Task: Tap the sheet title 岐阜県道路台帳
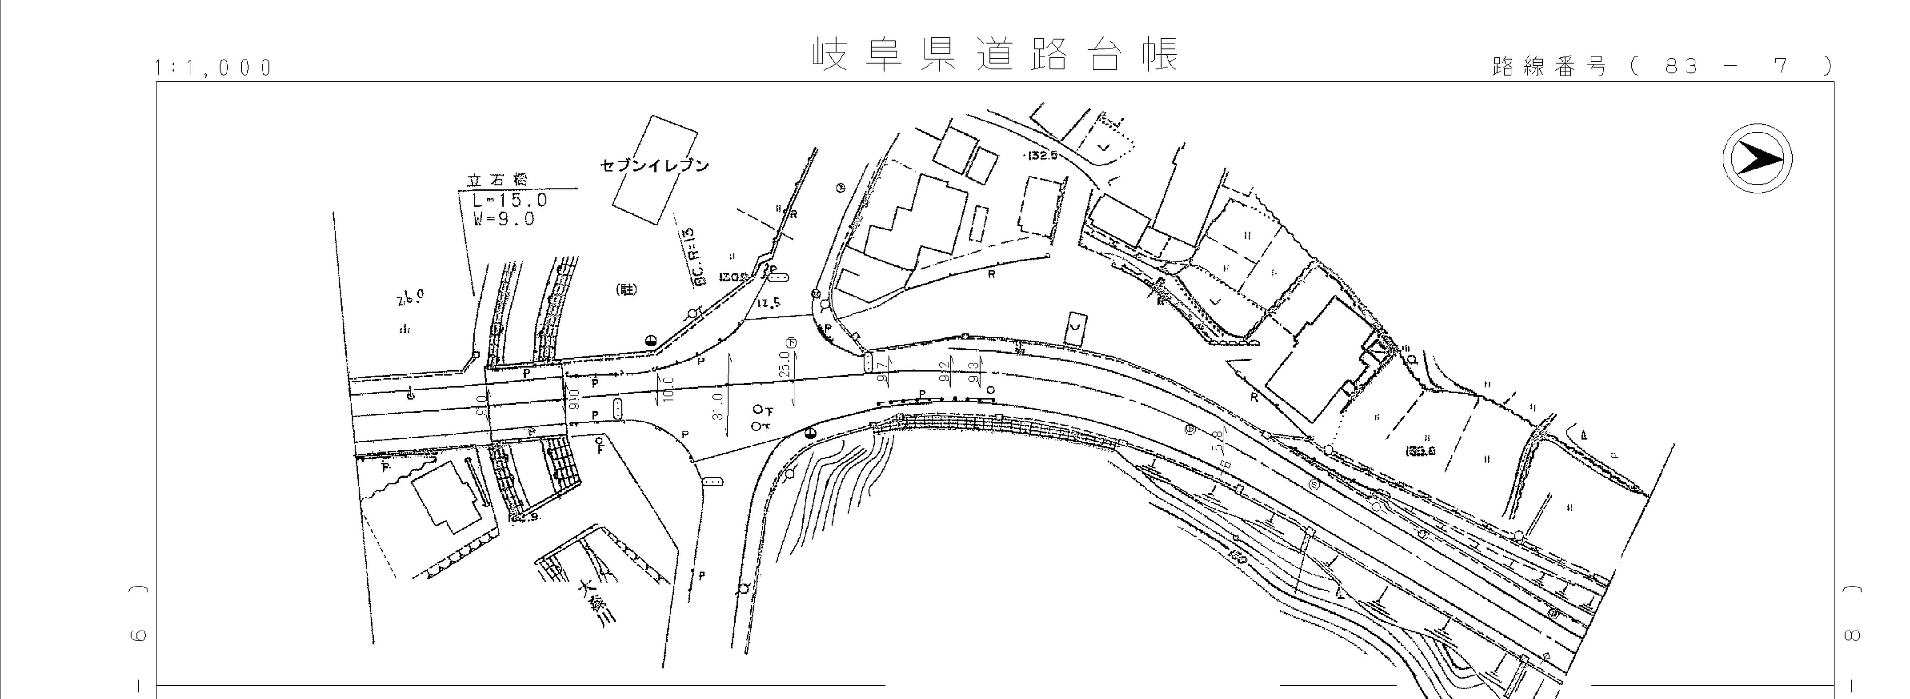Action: [x=995, y=54]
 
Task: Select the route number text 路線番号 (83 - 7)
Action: [x=1661, y=67]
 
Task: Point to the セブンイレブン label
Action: [x=654, y=165]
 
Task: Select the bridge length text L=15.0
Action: [x=510, y=201]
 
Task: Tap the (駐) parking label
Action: [x=627, y=290]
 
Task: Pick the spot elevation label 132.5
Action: [x=1042, y=156]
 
